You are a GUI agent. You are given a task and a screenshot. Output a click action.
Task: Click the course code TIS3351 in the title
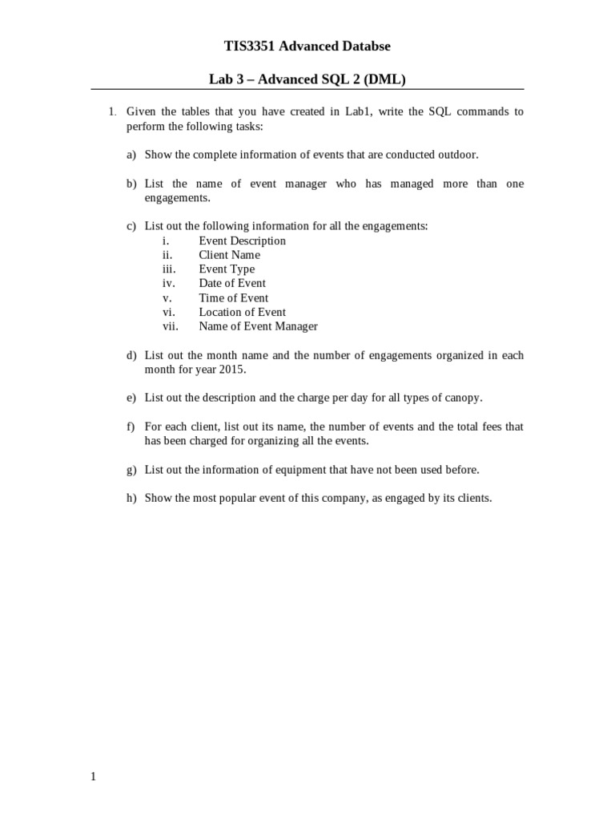click(x=246, y=47)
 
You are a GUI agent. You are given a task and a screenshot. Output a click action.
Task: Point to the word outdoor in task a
click(x=457, y=155)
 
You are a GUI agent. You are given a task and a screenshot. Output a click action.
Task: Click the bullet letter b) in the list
click(x=131, y=184)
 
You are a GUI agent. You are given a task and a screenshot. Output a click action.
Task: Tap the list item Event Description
click(x=242, y=241)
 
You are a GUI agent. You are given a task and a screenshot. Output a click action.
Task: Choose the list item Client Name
click(x=229, y=255)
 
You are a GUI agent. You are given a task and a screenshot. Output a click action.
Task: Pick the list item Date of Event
click(x=232, y=283)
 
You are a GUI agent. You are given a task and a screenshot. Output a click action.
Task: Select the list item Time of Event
click(x=233, y=297)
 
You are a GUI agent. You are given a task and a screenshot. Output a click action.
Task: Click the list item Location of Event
click(x=242, y=312)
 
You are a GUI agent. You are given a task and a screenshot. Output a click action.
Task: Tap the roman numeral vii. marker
click(x=170, y=326)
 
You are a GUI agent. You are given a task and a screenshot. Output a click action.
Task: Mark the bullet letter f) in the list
click(x=131, y=427)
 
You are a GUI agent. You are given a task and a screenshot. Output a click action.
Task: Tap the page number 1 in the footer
click(x=93, y=777)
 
